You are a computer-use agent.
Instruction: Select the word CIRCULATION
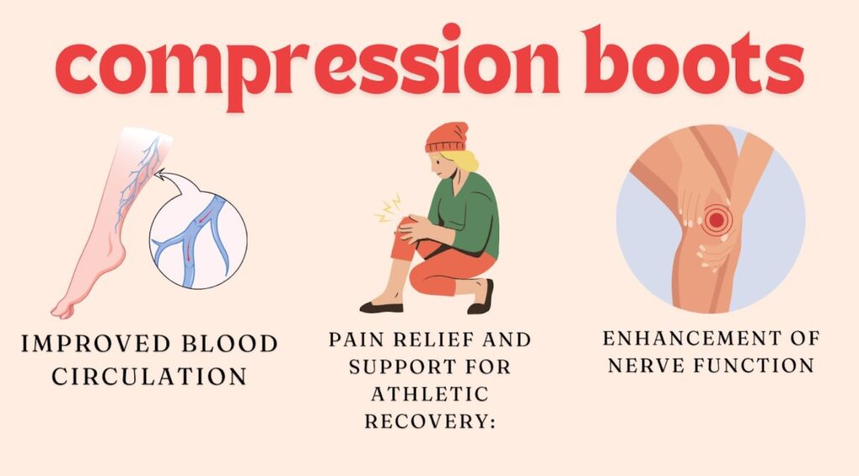point(149,376)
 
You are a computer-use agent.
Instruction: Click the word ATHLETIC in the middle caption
point(429,394)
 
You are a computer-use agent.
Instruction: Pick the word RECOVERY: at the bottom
point(429,421)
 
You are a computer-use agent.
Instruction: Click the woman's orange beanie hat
point(445,137)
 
